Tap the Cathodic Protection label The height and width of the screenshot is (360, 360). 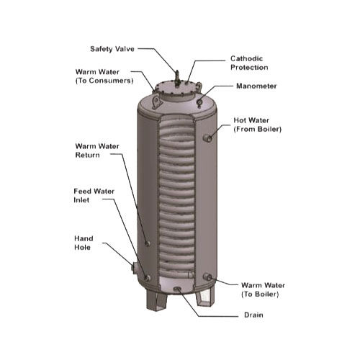pyautogui.click(x=248, y=63)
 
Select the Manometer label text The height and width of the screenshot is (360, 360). pyautogui.click(x=256, y=86)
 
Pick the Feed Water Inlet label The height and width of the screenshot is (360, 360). pyautogui.click(x=91, y=196)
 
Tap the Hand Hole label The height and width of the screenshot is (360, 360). pyautogui.click(x=84, y=243)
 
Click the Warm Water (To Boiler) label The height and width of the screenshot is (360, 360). pyautogui.click(x=260, y=289)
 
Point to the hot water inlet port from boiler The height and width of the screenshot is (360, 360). pyautogui.click(x=207, y=137)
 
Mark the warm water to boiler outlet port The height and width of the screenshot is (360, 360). pyautogui.click(x=207, y=277)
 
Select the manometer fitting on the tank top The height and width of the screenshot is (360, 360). pyautogui.click(x=200, y=99)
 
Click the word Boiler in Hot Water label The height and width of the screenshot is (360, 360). pyautogui.click(x=268, y=130)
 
